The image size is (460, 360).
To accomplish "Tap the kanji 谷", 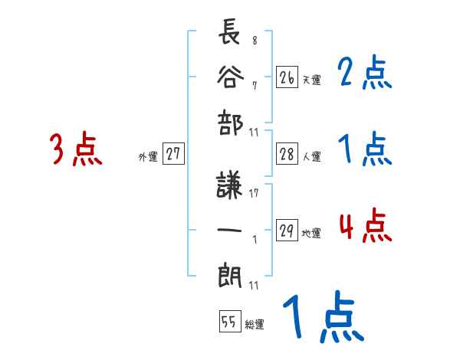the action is [229, 77].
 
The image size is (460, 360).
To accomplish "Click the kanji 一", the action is [229, 231].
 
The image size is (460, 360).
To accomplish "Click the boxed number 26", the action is [287, 77].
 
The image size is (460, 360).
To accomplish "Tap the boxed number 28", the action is [287, 154].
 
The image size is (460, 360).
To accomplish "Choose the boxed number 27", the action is [173, 154].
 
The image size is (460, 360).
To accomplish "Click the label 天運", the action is [311, 80].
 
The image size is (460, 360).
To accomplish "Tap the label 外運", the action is [148, 157].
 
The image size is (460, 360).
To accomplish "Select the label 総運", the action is [255, 325].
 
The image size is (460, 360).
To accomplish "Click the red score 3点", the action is [74, 149].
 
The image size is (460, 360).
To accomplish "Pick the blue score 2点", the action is [364, 74].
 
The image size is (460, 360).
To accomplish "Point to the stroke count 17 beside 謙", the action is [254, 193].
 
